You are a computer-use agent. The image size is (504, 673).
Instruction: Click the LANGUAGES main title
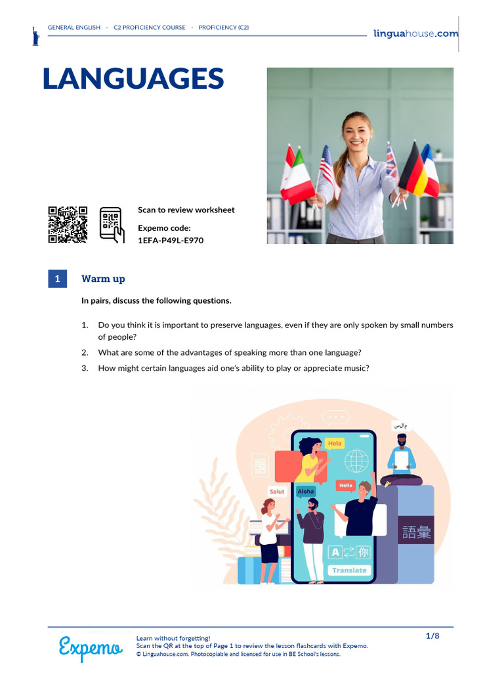(x=133, y=79)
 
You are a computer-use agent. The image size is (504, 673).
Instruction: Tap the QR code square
(x=68, y=225)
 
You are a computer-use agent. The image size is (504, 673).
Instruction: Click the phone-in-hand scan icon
(x=112, y=225)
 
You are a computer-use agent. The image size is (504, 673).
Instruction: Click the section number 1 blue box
(x=57, y=279)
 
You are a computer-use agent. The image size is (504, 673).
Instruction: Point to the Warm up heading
(x=103, y=279)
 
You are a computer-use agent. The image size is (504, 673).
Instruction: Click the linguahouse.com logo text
(x=415, y=34)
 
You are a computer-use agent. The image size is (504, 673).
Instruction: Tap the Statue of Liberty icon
(x=35, y=35)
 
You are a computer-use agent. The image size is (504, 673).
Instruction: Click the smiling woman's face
(x=357, y=131)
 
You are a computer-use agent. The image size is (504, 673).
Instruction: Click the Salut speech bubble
(x=277, y=491)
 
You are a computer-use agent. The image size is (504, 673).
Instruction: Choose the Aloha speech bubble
(x=306, y=491)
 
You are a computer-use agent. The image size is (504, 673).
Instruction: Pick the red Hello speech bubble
(x=345, y=486)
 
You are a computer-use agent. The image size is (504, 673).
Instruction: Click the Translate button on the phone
(x=349, y=570)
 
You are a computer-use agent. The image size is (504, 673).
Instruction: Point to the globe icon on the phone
(x=356, y=459)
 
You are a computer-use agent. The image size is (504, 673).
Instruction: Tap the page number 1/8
(x=432, y=636)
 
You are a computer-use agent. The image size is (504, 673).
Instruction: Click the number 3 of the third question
(x=85, y=368)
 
